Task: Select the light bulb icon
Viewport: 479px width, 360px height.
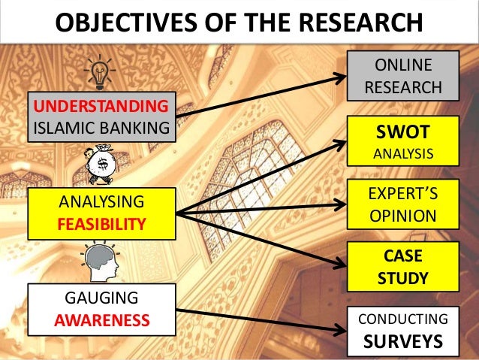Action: coord(98,73)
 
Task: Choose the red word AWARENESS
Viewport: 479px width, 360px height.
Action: coord(101,322)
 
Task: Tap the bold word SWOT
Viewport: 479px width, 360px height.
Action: coord(404,133)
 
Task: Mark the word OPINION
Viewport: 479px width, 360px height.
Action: coord(404,216)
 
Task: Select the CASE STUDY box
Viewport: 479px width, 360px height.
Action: coord(404,266)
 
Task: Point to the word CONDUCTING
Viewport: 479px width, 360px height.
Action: coord(403,319)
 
